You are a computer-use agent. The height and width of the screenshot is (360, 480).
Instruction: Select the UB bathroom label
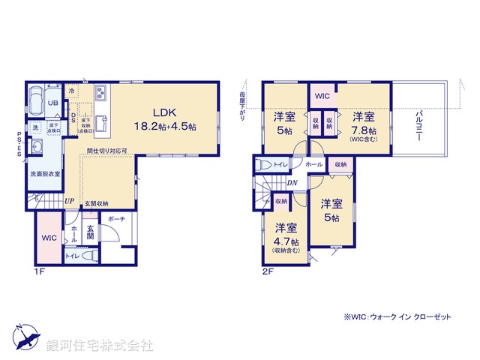54,103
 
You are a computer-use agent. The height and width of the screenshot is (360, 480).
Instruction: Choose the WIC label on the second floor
322,96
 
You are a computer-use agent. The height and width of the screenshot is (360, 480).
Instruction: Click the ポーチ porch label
116,220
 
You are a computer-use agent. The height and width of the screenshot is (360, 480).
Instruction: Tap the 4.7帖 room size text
285,242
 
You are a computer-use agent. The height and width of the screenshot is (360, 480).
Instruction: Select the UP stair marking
69,202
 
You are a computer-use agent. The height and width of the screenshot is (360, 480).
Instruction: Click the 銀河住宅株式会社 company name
100,345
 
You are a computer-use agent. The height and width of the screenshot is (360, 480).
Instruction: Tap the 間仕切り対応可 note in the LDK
112,151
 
